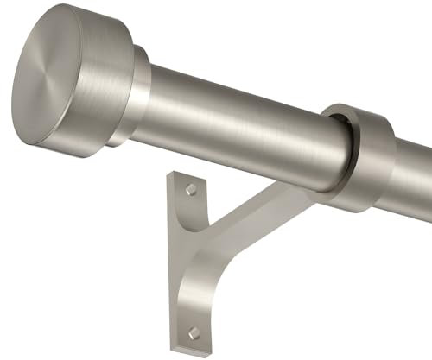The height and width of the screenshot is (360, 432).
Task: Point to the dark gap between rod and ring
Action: pos(345,138)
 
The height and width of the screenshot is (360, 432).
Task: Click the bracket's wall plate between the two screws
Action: pos(192,259)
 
